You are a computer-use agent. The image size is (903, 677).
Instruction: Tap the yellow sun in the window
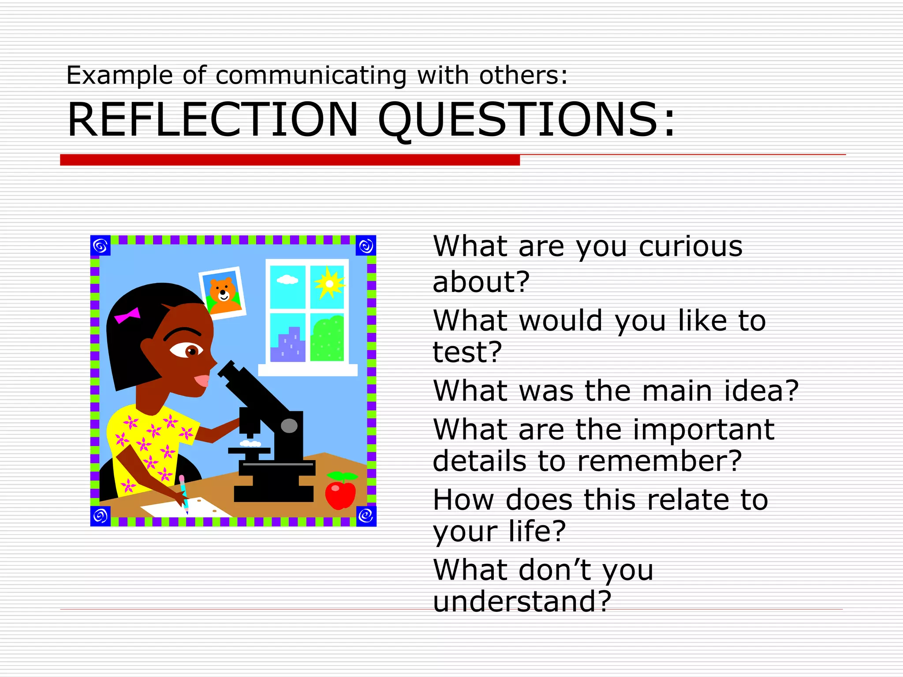tap(328, 283)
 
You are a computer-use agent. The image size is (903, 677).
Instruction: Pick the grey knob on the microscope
tap(289, 425)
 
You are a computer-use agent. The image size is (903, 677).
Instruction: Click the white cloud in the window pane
tap(287, 280)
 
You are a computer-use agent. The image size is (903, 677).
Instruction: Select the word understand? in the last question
tap(522, 601)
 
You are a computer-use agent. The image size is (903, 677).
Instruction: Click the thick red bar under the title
tap(290, 160)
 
